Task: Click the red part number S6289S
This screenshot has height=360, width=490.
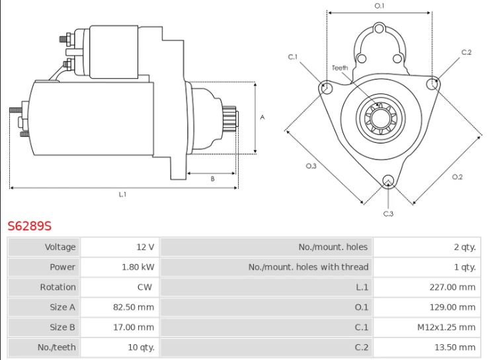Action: (x=29, y=226)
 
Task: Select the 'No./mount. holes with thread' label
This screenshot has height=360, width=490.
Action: (x=308, y=267)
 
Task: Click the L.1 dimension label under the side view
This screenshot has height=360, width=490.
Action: (x=122, y=195)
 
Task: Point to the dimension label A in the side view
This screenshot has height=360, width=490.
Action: (x=263, y=118)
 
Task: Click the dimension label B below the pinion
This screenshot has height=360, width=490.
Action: (x=212, y=179)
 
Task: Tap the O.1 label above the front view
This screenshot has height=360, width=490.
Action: (x=380, y=6)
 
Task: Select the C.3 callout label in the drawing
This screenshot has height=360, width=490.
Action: (x=388, y=213)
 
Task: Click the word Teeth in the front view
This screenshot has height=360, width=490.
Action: (x=339, y=67)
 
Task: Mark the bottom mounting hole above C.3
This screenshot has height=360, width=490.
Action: (x=388, y=180)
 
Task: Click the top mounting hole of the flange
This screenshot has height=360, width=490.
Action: (x=379, y=29)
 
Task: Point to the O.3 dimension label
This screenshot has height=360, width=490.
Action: (x=311, y=166)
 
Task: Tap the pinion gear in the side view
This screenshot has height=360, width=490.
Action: (x=231, y=119)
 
